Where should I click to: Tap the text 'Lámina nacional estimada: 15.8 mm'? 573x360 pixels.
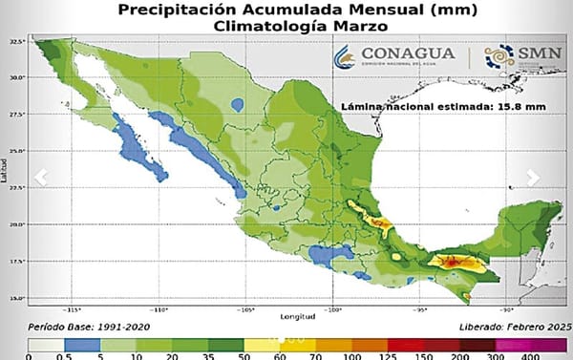(x=444, y=107)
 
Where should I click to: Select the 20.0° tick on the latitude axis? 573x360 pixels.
(x=17, y=224)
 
